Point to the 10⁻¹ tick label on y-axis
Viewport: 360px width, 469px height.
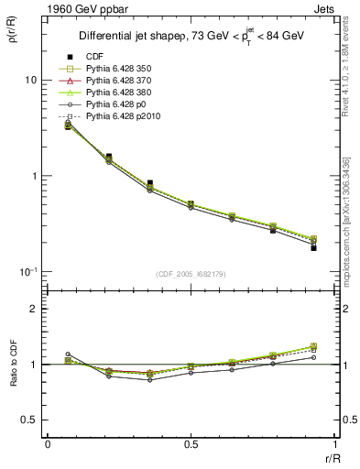point(28,272)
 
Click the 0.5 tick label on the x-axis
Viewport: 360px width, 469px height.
point(191,443)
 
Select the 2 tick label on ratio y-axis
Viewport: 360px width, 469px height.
point(34,309)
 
